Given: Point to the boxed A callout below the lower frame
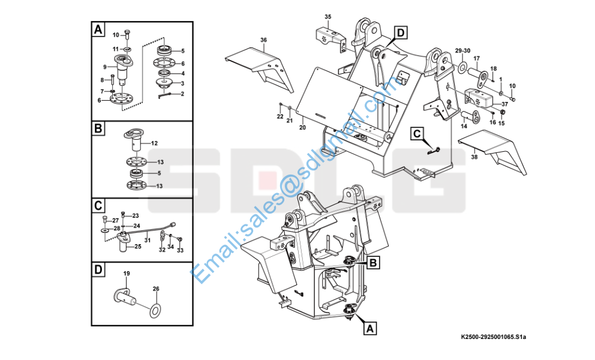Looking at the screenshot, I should click(x=370, y=328).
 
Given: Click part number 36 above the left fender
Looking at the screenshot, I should click(x=263, y=40).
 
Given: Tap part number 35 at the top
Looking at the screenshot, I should click(x=327, y=16).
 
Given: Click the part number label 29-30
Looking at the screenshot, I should click(x=462, y=50).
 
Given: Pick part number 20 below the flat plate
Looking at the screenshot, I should click(x=302, y=127).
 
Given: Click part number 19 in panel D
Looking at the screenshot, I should click(x=127, y=274).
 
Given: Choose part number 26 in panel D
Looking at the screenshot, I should click(x=156, y=289).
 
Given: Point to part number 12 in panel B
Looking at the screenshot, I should click(x=154, y=143).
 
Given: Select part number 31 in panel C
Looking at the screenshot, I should click(x=146, y=240).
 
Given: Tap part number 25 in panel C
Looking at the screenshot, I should click(x=137, y=247).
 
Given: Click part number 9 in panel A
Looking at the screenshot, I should click(x=105, y=67).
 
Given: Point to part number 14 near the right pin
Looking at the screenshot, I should click(x=464, y=127).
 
